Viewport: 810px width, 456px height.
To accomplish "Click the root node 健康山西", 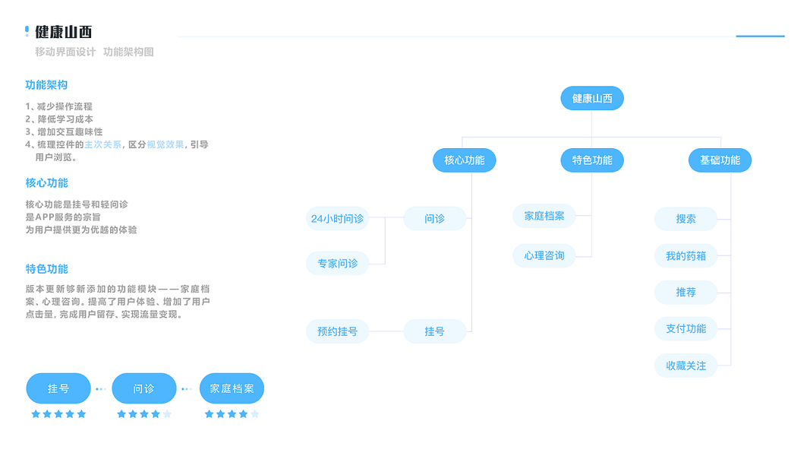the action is (592, 98).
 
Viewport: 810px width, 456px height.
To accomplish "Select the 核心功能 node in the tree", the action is (464, 160).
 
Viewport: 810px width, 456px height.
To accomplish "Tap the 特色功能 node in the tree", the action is (592, 160).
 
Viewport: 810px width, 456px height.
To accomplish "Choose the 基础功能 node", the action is (720, 160).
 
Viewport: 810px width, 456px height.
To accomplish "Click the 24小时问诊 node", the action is (337, 219).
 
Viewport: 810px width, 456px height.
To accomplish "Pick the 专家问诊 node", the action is (337, 263).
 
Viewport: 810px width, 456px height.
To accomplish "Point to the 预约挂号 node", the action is (337, 331).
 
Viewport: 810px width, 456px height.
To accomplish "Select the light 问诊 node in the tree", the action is (435, 219).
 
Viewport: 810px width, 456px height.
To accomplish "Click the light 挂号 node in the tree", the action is (435, 331).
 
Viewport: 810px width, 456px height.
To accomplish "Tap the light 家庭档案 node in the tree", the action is (544, 216).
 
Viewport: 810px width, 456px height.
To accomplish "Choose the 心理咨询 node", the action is (544, 255).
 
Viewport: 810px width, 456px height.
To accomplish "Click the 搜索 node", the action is (686, 219).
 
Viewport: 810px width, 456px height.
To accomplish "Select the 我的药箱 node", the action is (686, 255).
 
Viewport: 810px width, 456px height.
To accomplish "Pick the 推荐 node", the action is (686, 292).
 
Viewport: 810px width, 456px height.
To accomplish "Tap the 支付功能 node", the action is (686, 328).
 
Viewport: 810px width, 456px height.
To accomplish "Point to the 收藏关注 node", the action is (686, 366).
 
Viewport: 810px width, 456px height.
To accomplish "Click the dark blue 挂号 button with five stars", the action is (58, 388).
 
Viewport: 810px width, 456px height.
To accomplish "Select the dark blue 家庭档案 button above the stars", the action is (232, 388).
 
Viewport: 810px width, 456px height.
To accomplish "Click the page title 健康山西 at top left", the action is (64, 32).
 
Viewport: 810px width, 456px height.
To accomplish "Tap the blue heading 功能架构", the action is (46, 85).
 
